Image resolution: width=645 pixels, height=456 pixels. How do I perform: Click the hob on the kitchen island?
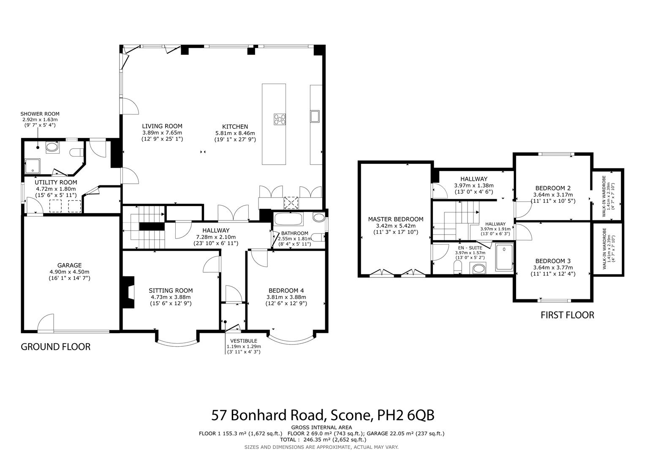point(280,119)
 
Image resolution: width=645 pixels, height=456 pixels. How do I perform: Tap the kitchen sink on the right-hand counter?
point(315,116)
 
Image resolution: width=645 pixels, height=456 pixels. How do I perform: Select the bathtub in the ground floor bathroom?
point(288,220)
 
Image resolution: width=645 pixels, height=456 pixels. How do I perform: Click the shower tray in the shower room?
point(33,166)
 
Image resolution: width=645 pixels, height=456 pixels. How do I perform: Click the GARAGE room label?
point(69,265)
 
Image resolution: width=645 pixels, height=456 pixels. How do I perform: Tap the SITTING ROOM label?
point(171,290)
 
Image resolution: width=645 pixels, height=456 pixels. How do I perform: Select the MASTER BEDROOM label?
point(396,219)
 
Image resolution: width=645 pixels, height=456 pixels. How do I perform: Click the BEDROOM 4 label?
point(286,290)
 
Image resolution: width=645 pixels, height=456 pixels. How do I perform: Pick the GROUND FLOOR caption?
point(56,347)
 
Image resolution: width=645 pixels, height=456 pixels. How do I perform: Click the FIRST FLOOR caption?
point(567,315)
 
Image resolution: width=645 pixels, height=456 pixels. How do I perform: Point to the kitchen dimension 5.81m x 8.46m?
point(235,133)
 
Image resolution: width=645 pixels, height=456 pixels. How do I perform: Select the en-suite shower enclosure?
point(504,257)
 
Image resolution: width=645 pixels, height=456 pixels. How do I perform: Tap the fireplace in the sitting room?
point(128,292)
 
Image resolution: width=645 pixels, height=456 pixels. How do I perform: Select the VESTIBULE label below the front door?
point(244,341)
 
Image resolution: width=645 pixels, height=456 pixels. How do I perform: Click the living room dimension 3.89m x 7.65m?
point(162,133)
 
